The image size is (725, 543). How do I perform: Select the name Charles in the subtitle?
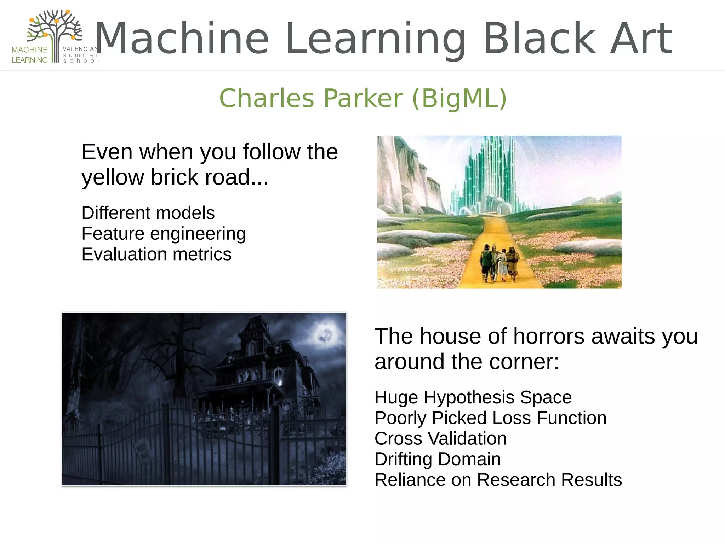pos(267,98)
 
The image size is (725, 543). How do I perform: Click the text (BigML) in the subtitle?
pos(459,98)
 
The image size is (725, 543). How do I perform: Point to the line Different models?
pos(148,213)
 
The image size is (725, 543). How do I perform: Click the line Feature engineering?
pos(164,234)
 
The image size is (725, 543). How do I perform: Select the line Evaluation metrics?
pos(156,254)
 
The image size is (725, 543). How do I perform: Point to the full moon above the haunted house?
pos(325,334)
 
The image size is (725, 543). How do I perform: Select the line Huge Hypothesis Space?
pos(473,397)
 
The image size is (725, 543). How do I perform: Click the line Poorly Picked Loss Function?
pos(490,418)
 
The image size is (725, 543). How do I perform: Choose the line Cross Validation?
pos(440,438)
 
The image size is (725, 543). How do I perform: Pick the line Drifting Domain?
pos(438,459)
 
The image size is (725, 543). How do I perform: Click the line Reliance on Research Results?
pos(498,480)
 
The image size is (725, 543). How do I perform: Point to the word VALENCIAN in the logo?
pos(81,49)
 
